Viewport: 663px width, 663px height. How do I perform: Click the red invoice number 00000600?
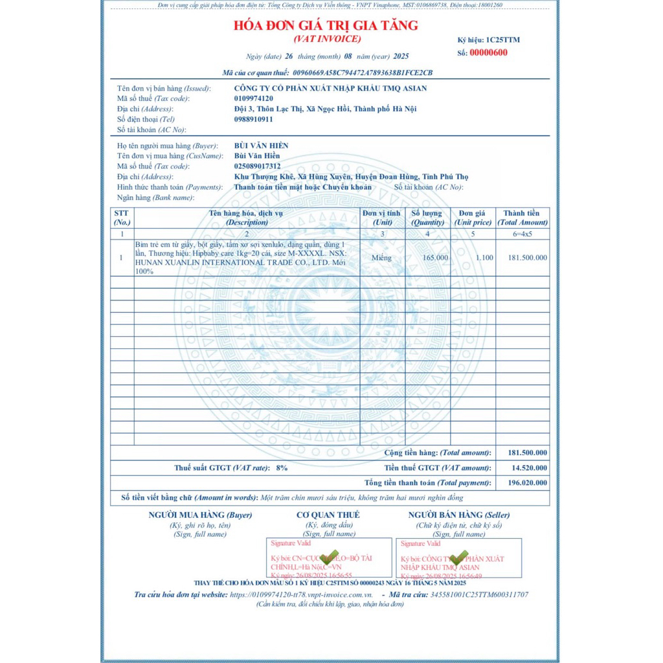click(488, 53)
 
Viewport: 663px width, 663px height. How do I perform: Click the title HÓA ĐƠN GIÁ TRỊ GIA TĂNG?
click(326, 26)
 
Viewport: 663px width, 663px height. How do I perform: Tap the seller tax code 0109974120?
click(253, 98)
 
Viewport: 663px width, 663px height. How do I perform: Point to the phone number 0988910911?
click(253, 119)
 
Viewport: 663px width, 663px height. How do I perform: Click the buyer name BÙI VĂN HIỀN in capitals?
click(261, 146)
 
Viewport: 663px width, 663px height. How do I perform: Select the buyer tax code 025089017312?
click(257, 166)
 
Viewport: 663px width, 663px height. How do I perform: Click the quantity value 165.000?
click(434, 258)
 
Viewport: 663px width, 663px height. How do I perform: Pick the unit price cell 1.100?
click(484, 258)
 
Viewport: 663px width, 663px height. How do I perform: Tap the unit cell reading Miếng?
click(382, 258)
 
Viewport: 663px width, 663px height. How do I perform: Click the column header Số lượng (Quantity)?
click(427, 218)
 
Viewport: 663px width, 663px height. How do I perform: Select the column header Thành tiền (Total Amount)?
click(522, 218)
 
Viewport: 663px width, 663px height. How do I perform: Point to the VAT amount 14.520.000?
click(528, 467)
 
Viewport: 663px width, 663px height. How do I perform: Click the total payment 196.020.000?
click(528, 482)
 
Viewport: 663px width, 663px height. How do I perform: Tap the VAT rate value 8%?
click(282, 467)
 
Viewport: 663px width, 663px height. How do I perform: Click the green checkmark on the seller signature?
click(458, 557)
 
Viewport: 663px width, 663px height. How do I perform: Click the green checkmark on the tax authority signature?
click(330, 557)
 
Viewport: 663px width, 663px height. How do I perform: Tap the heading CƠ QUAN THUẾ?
click(328, 515)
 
